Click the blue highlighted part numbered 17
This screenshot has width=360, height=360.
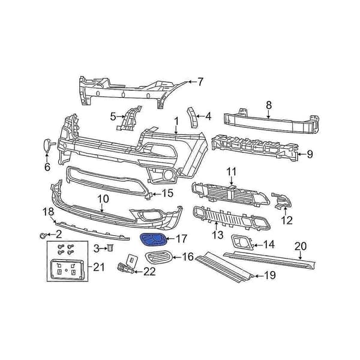pos(152,240)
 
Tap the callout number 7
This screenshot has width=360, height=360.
pos(200,82)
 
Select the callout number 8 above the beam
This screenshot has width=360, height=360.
pos(269,105)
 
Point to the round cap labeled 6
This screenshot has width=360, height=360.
pos(47,145)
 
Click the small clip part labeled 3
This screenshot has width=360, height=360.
pos(110,248)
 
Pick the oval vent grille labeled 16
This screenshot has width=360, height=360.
pos(158,257)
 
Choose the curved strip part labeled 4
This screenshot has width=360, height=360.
pos(193,118)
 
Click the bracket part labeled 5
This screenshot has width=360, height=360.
pos(129,118)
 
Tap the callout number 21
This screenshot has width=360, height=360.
pos(99,267)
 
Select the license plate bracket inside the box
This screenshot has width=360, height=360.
pos(67,269)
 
